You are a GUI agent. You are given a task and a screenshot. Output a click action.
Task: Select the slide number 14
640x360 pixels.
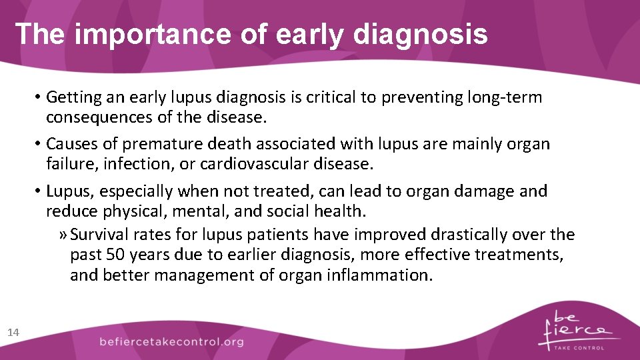(13, 332)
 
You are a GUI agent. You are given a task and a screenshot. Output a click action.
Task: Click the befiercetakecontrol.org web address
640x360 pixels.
(171, 341)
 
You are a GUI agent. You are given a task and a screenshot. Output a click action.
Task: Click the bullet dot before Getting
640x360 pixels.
(39, 97)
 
